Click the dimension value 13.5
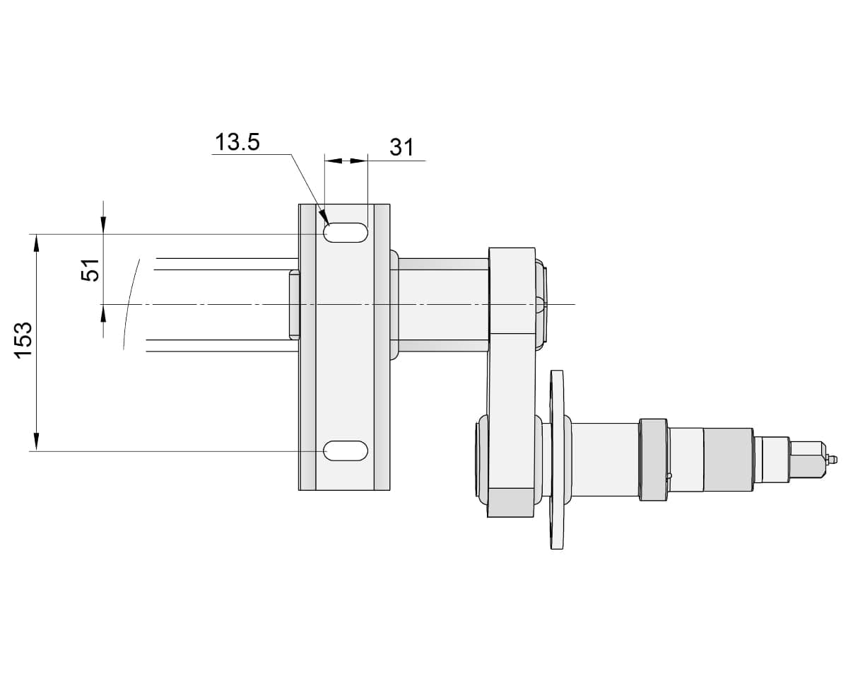(x=237, y=142)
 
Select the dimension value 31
(x=401, y=147)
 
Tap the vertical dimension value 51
(x=91, y=269)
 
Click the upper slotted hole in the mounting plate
(x=346, y=233)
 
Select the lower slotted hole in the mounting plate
(x=346, y=450)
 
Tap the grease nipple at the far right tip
(x=832, y=460)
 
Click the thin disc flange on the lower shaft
(x=558, y=460)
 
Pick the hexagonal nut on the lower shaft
(x=653, y=460)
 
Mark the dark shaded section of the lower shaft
(x=728, y=460)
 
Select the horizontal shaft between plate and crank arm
(x=443, y=304)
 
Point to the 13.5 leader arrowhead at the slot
(x=323, y=215)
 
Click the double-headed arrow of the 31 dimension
(x=346, y=161)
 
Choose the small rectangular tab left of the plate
(x=294, y=304)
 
